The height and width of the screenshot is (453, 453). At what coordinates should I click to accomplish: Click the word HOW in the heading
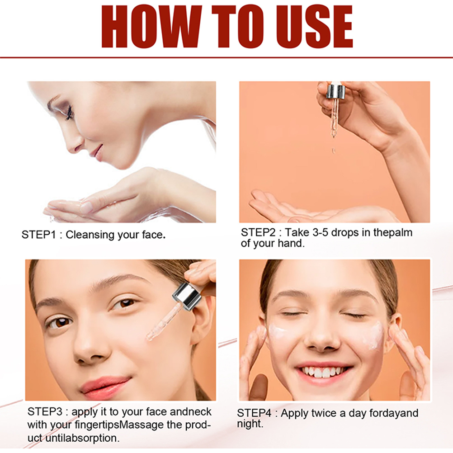(x=151, y=26)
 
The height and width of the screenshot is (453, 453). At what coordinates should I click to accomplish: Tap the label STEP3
(x=45, y=412)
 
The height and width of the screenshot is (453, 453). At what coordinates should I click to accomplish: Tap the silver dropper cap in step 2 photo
(x=336, y=91)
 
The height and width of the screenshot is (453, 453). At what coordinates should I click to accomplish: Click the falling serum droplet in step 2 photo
(x=334, y=150)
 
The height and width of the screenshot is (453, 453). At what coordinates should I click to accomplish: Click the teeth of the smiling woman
(x=324, y=372)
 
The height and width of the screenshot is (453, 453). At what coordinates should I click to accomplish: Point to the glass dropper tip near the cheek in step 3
(x=150, y=336)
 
